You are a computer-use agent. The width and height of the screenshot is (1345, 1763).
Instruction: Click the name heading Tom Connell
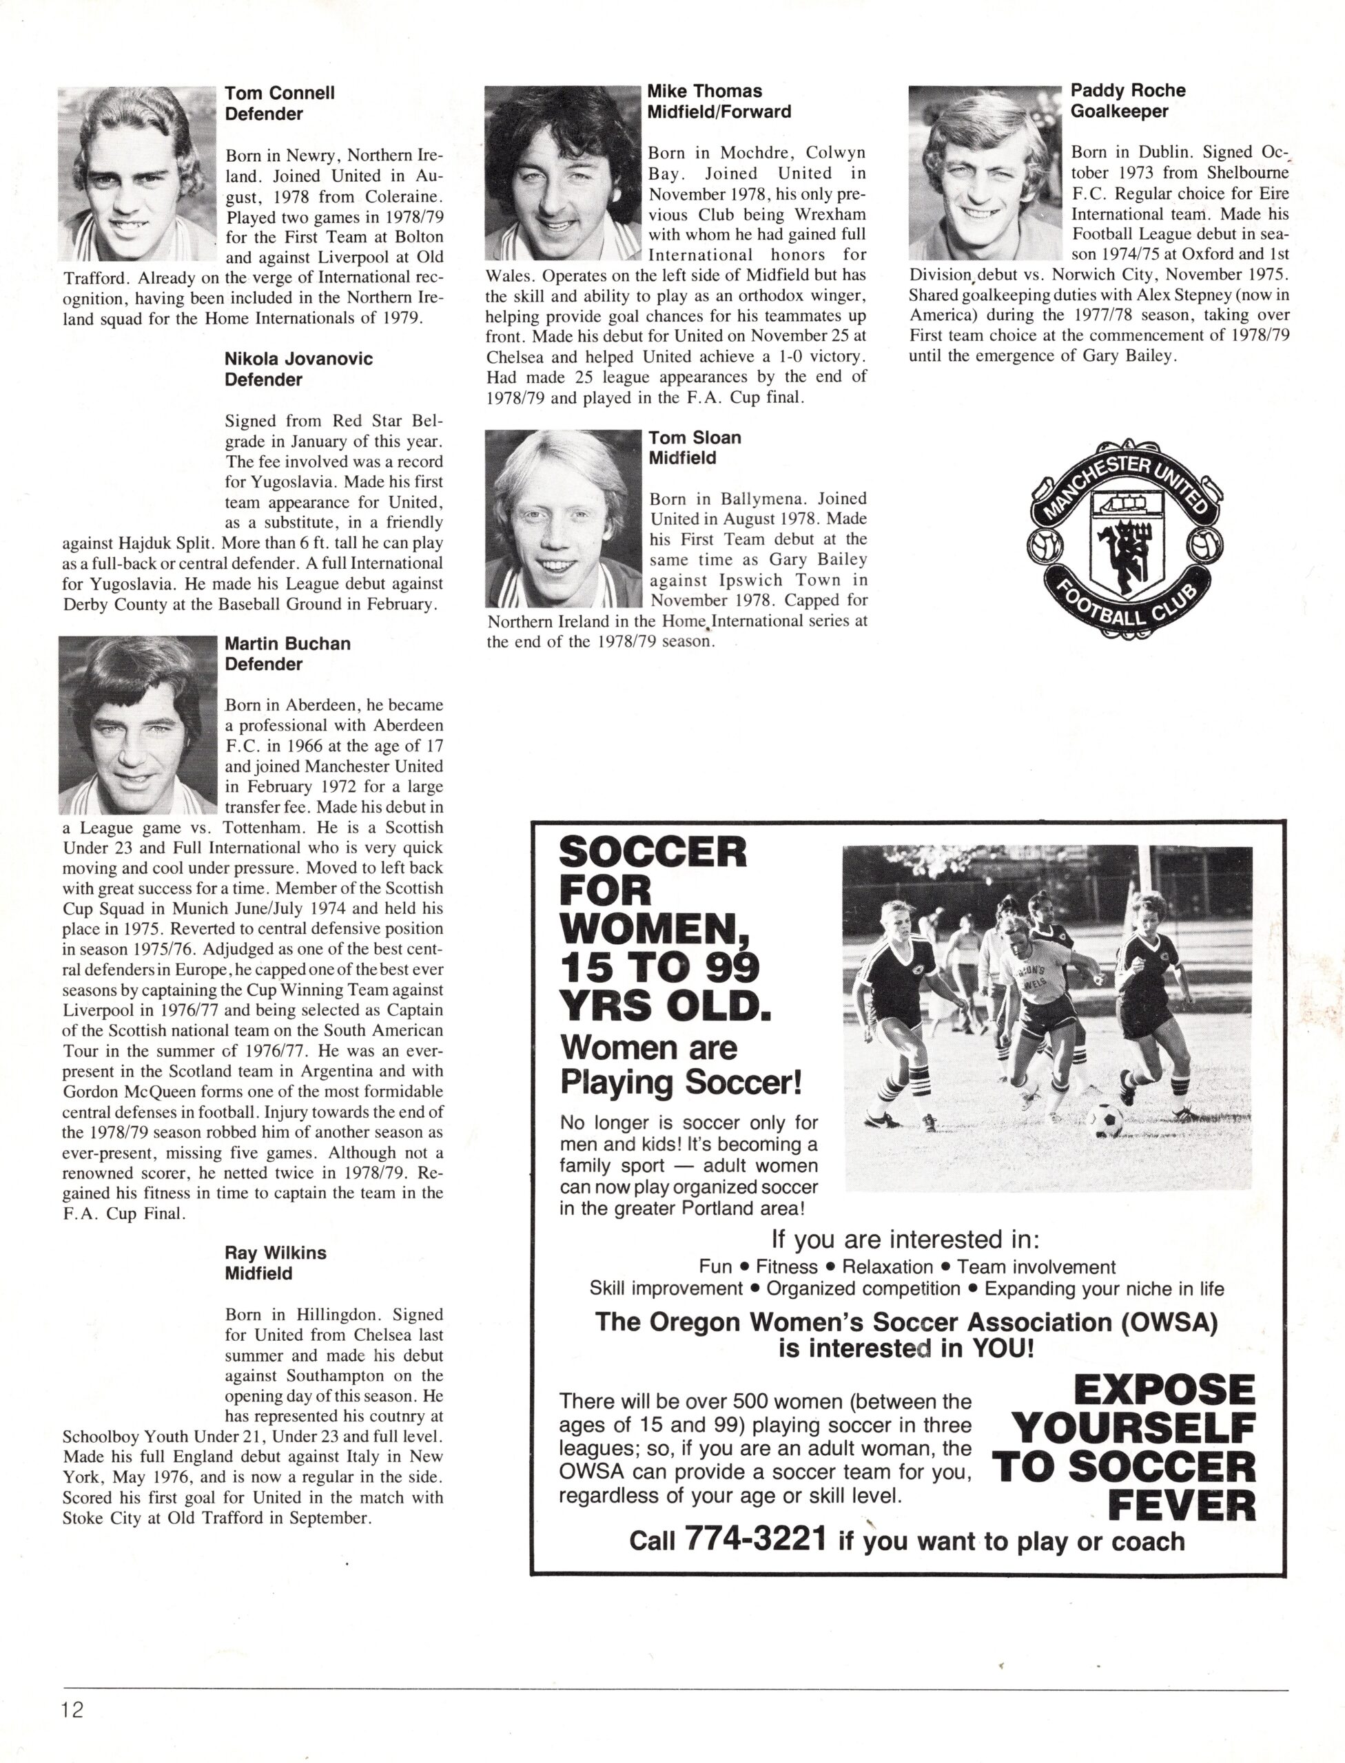point(280,93)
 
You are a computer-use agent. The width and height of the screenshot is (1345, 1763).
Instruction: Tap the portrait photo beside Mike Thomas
point(564,174)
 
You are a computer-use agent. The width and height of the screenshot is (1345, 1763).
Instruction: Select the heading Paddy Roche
point(1127,90)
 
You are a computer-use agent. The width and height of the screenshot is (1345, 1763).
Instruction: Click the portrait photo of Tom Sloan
point(564,519)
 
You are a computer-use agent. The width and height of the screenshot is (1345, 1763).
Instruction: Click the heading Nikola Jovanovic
point(298,359)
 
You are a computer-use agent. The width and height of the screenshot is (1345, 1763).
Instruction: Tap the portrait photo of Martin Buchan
point(138,724)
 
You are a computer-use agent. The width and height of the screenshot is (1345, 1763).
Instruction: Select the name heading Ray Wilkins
point(276,1253)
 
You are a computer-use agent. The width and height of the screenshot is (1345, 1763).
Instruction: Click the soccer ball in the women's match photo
point(1105,1119)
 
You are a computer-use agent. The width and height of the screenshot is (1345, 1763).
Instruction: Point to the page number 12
point(70,1710)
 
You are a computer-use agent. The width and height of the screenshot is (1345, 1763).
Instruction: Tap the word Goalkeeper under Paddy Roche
point(1119,112)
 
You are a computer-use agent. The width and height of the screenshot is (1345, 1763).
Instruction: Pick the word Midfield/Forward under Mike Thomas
point(719,112)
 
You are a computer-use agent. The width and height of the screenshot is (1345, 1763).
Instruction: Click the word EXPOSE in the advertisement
point(1164,1389)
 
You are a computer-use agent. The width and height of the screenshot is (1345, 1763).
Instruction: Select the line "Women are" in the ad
point(648,1047)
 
